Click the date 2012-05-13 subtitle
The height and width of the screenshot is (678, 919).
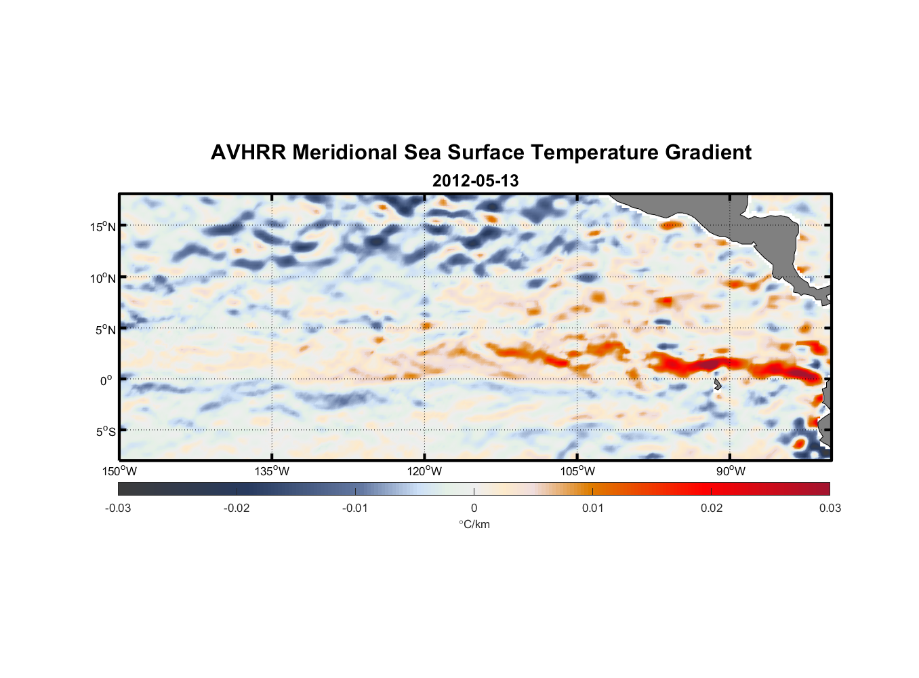pyautogui.click(x=475, y=181)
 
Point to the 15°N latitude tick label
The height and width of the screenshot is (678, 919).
pyautogui.click(x=103, y=226)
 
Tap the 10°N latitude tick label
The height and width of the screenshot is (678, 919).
pyautogui.click(x=103, y=278)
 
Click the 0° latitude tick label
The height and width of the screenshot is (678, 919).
pyautogui.click(x=106, y=380)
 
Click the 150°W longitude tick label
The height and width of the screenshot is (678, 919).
pyautogui.click(x=119, y=471)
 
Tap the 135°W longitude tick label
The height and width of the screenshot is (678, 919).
pyautogui.click(x=272, y=471)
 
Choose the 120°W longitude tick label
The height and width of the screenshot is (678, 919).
pyautogui.click(x=424, y=471)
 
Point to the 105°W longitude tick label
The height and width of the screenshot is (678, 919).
pyautogui.click(x=577, y=471)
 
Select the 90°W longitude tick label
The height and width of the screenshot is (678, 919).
pyautogui.click(x=730, y=471)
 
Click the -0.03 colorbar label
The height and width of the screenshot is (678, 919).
pyautogui.click(x=118, y=508)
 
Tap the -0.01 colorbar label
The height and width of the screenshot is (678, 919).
pyautogui.click(x=355, y=508)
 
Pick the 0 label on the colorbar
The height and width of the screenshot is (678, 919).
pyautogui.click(x=474, y=508)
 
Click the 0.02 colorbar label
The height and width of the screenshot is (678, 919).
pyautogui.click(x=712, y=508)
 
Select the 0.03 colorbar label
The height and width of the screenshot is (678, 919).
pyautogui.click(x=830, y=508)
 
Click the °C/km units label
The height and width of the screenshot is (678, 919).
pyautogui.click(x=474, y=524)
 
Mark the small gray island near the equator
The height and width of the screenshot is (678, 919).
pyautogui.click(x=717, y=384)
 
